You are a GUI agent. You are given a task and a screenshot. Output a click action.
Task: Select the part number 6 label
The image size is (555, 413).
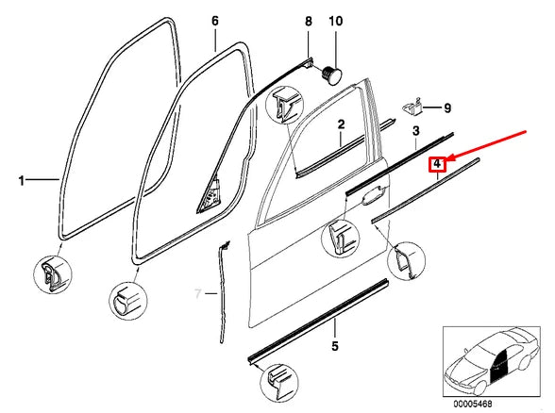[x=214, y=21]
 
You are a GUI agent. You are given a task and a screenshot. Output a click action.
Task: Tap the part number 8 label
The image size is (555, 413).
[x=307, y=21]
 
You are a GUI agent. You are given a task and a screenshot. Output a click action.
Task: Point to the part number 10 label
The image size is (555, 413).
[x=335, y=21]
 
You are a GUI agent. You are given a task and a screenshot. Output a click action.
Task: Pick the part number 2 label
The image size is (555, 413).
[x=342, y=124]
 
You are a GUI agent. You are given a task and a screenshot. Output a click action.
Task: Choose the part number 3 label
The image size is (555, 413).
[x=415, y=129]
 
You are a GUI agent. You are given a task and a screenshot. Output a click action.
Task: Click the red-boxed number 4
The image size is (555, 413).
[x=437, y=165]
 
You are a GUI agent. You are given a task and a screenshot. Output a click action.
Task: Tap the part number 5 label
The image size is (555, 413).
[x=335, y=346]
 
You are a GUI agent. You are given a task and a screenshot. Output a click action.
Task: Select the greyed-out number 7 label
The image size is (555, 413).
[x=198, y=293]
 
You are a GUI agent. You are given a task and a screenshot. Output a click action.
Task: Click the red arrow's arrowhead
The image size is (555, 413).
[x=448, y=156]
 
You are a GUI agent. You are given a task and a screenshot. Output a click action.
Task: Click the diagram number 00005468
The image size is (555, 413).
[x=493, y=403]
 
